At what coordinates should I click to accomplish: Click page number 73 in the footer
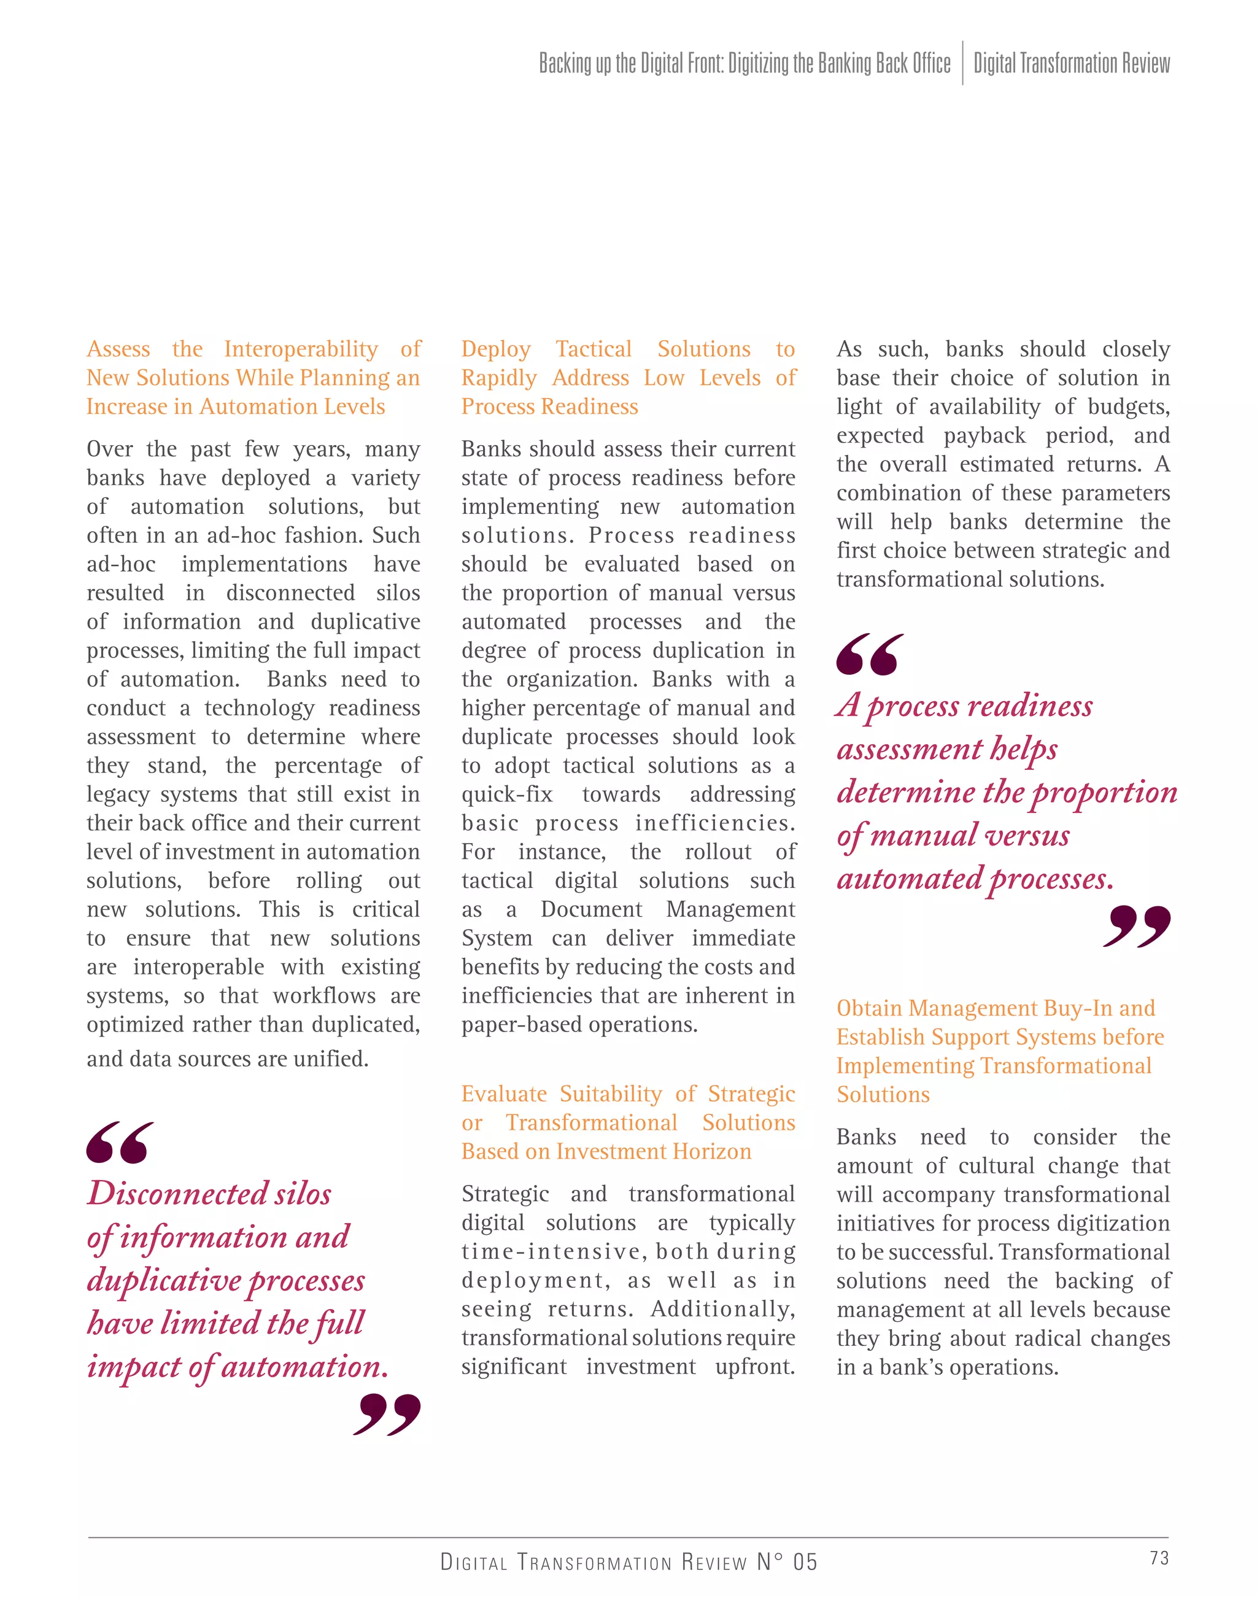(x=1159, y=1557)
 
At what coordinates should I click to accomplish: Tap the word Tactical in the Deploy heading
(x=593, y=348)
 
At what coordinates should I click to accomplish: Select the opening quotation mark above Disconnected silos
(x=120, y=1142)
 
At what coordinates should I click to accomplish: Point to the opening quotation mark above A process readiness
(x=870, y=654)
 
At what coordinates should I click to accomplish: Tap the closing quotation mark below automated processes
(x=1137, y=927)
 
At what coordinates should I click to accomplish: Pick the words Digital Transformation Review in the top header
(x=1072, y=63)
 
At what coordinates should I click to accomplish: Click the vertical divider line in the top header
(x=962, y=63)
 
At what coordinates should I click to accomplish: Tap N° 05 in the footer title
(x=787, y=1561)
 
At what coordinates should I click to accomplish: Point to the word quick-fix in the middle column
(x=506, y=795)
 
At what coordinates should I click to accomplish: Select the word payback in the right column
(x=984, y=435)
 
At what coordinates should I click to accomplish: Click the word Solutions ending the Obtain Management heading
(x=883, y=1094)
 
